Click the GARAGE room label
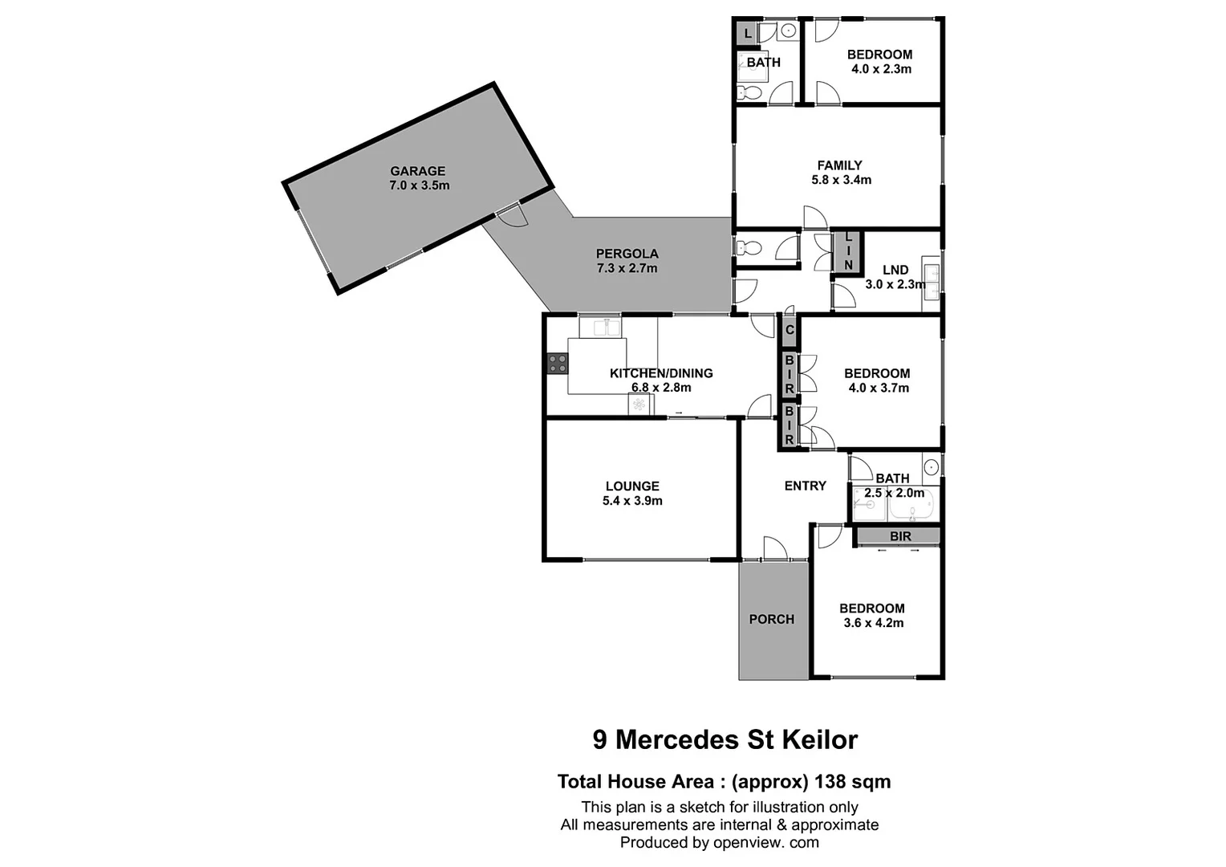click(417, 171)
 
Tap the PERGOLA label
click(627, 254)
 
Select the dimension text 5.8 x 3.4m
click(841, 180)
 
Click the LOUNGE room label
click(632, 486)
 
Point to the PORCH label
click(772, 619)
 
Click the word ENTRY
click(805, 486)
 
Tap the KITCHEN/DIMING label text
click(661, 373)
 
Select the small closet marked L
click(747, 34)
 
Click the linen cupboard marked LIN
click(848, 252)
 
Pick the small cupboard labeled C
click(790, 330)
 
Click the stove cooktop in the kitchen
click(557, 364)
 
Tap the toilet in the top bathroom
click(749, 93)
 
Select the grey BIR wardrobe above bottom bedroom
click(899, 535)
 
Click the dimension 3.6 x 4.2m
click(873, 623)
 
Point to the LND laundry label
click(895, 270)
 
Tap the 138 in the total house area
click(832, 781)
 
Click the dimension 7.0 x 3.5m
click(419, 185)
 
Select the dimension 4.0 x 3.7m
click(878, 388)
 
